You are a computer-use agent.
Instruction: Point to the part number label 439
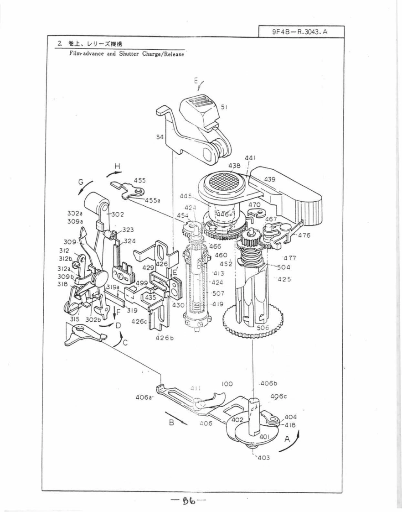pyautogui.click(x=269, y=179)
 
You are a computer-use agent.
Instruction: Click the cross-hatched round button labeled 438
pyautogui.click(x=223, y=184)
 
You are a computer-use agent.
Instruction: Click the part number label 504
pyautogui.click(x=283, y=267)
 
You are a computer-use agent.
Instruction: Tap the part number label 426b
pyautogui.click(x=162, y=338)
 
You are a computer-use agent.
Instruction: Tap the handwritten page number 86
pyautogui.click(x=186, y=501)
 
